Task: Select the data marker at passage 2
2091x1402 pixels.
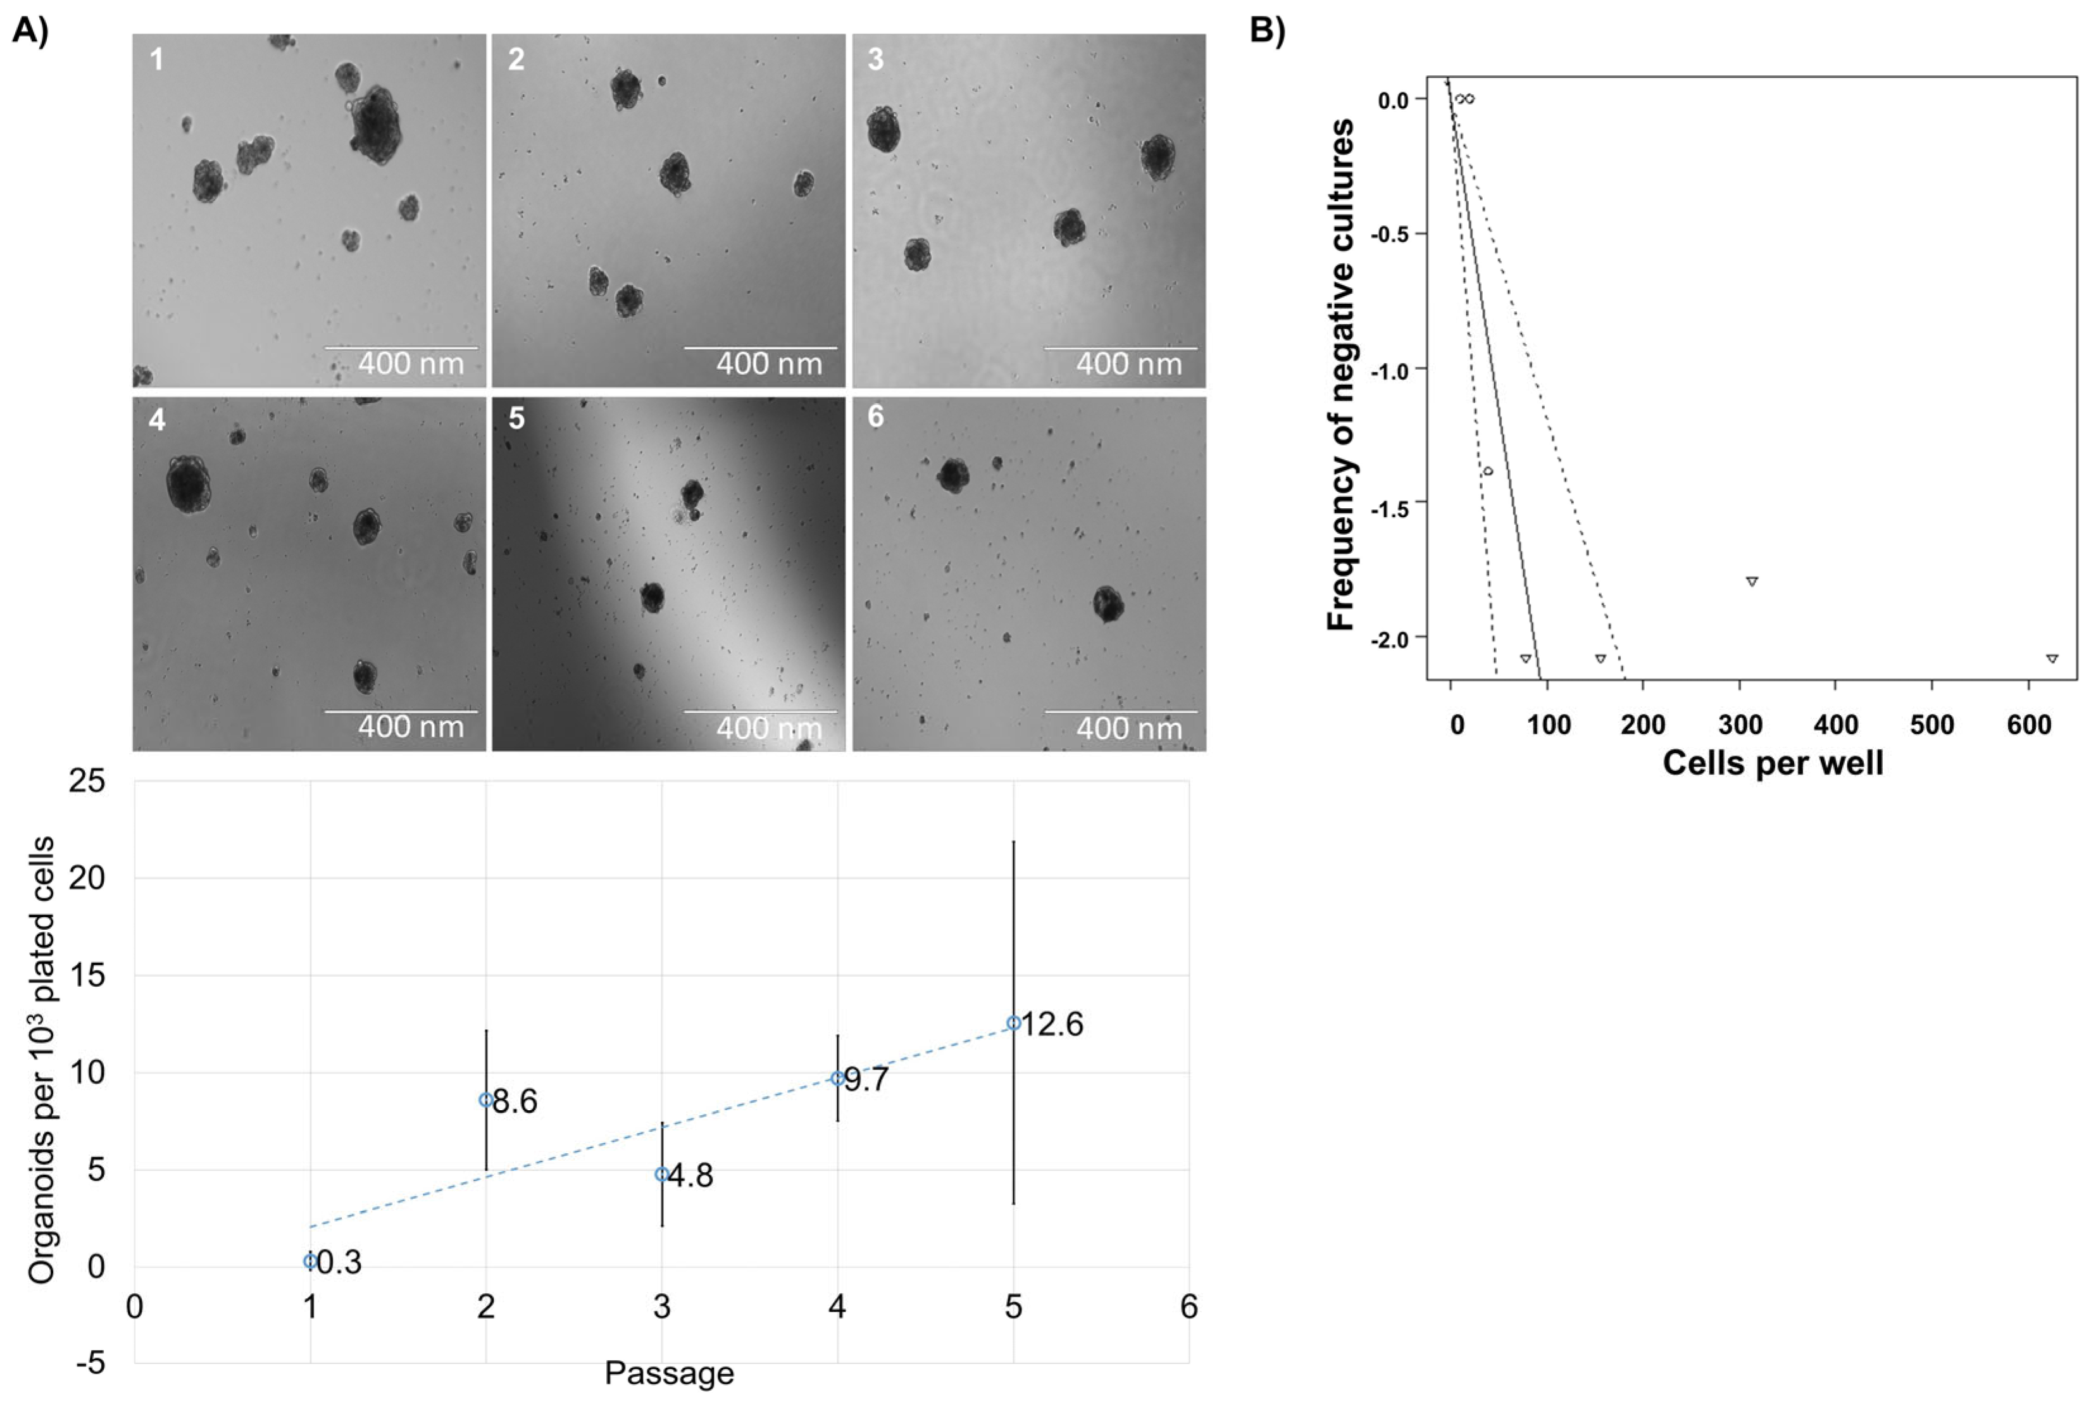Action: tap(486, 1100)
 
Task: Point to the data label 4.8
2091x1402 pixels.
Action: tap(691, 1176)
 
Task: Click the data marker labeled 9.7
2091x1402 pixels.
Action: tap(838, 1079)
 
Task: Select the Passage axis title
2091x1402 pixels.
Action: tap(669, 1372)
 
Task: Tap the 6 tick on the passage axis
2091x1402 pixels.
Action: tap(1188, 1307)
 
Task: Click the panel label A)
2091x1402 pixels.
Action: tap(30, 31)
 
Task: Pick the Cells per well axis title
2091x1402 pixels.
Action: tap(1773, 763)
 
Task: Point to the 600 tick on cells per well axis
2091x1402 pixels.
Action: tap(2028, 723)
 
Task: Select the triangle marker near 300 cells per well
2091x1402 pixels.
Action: tap(1752, 581)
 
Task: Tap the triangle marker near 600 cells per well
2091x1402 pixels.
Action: tap(2052, 658)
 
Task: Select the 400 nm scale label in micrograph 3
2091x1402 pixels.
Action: tap(1128, 364)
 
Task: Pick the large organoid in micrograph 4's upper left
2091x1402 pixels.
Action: tap(189, 484)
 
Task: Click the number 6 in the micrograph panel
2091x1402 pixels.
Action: tap(875, 418)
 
